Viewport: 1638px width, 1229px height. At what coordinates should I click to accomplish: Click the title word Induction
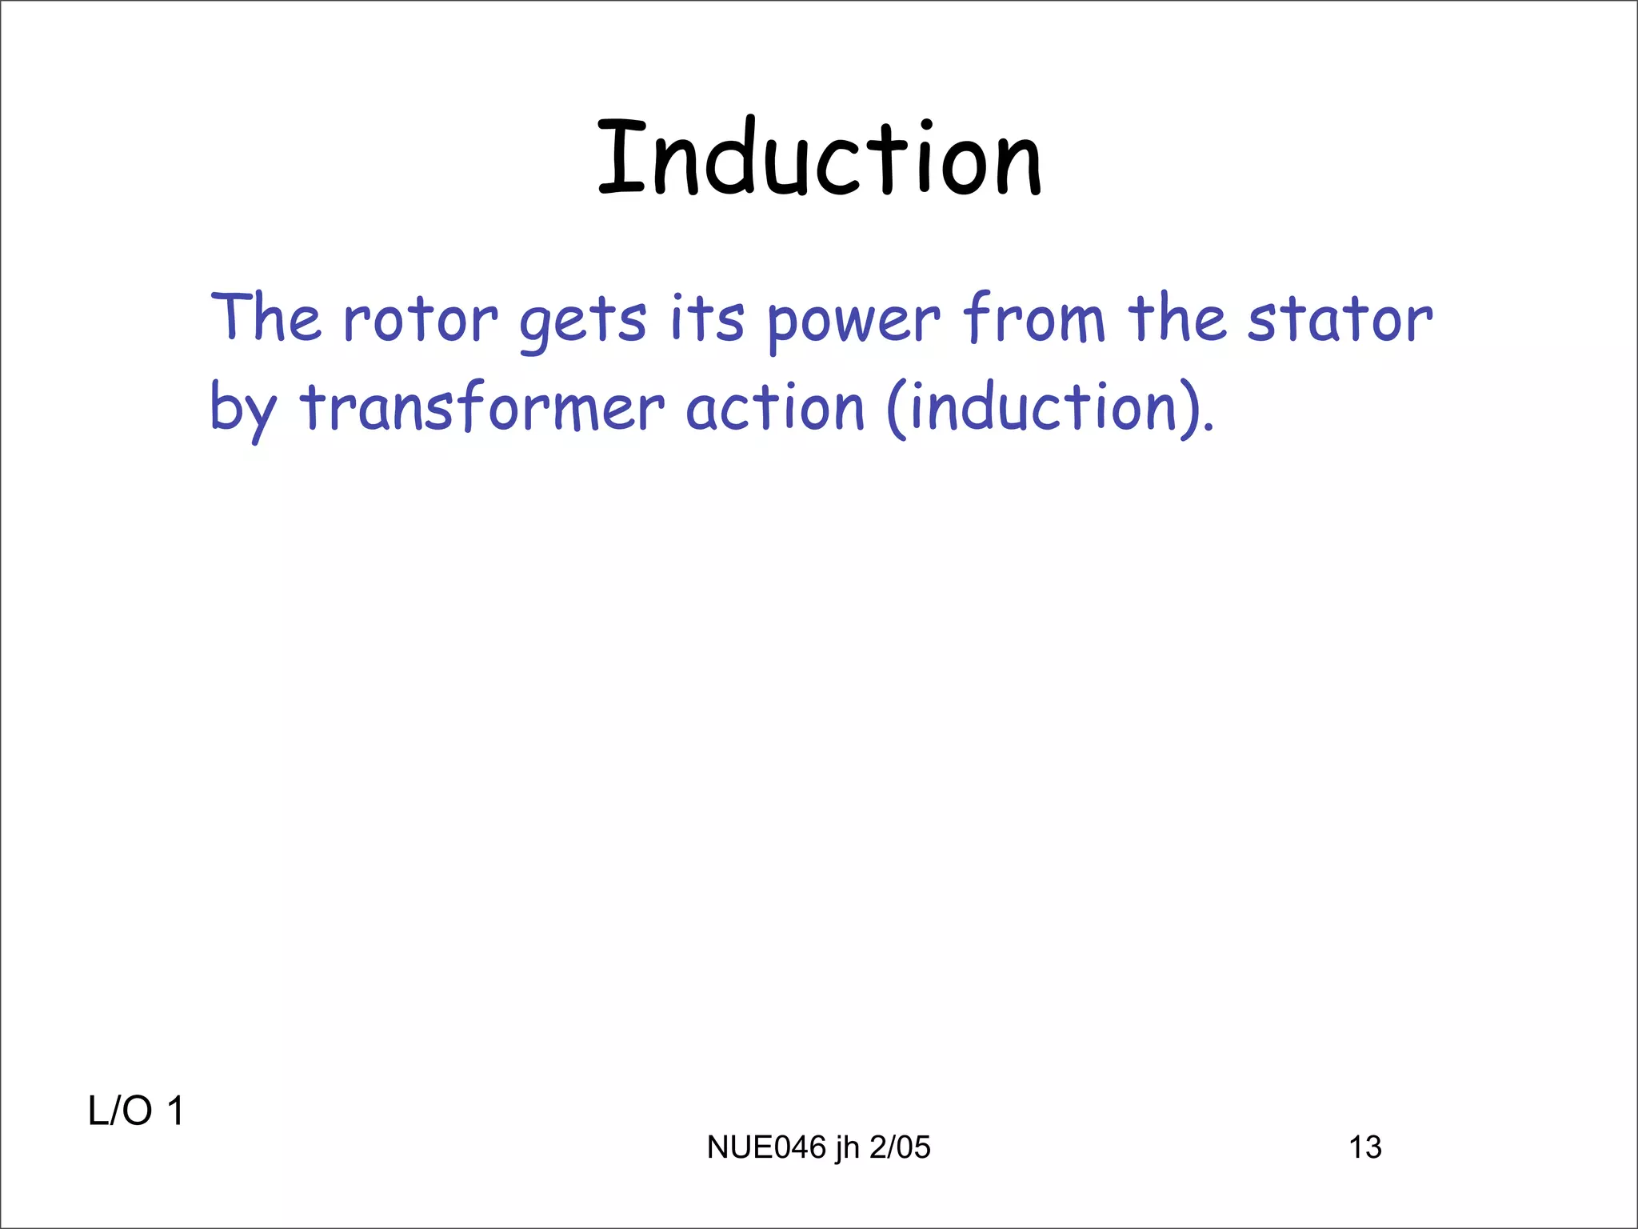[819, 158]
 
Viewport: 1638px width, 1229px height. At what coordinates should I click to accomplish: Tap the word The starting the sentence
[266, 318]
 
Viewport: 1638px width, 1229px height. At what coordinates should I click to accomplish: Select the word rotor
[421, 320]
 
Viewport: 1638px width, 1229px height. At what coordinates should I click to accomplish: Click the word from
[1034, 318]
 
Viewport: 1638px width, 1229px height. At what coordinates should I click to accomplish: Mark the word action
[775, 408]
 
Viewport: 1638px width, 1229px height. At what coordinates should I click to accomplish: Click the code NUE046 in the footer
[766, 1147]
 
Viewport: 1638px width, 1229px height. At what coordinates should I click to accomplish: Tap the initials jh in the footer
[847, 1148]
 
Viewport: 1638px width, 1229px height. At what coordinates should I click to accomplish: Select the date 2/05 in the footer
[900, 1147]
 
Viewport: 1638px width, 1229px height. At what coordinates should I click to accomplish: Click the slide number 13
[1365, 1147]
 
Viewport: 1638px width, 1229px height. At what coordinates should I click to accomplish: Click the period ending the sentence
[1209, 427]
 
